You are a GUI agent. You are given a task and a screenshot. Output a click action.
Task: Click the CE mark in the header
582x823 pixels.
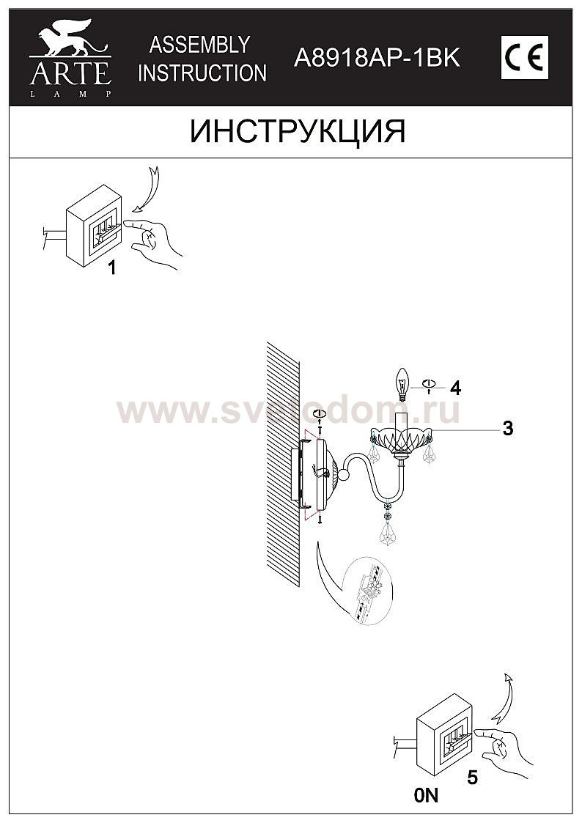tap(524, 58)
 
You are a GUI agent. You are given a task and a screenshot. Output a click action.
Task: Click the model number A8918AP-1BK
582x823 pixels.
tap(377, 58)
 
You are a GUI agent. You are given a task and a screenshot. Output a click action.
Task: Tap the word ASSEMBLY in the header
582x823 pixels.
tap(199, 45)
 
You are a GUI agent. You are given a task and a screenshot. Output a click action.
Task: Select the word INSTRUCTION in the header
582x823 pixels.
tap(202, 73)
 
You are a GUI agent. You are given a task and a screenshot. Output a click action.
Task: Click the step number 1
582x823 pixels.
tap(111, 268)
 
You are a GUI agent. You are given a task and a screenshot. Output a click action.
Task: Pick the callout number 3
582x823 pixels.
tap(507, 428)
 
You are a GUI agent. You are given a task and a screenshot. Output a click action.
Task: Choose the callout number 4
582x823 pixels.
tap(455, 388)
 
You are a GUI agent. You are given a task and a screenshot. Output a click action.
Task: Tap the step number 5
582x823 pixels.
tap(472, 778)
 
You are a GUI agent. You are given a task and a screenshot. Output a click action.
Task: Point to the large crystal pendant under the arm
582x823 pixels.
tap(388, 532)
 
